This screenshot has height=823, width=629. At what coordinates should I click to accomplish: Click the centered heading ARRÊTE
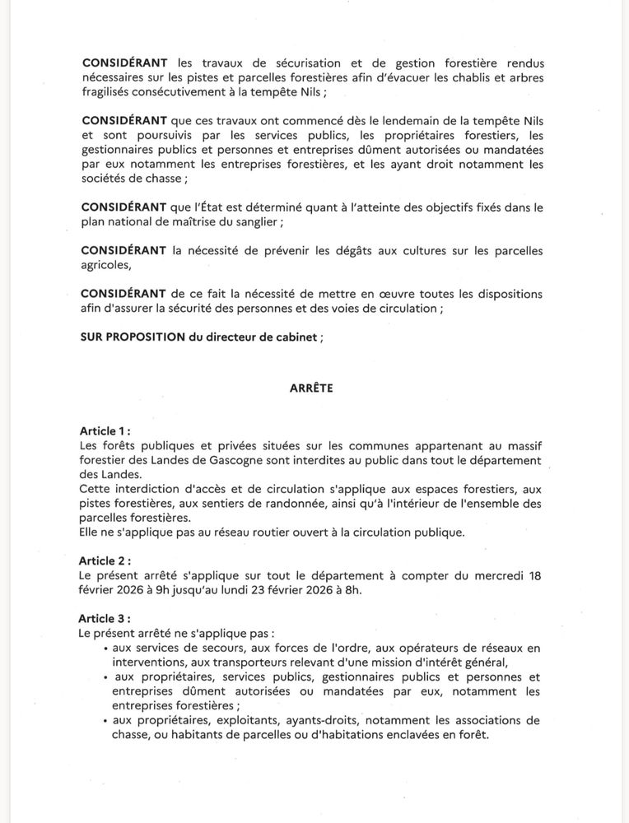(x=311, y=388)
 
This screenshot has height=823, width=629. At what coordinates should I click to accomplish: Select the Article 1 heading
(x=105, y=431)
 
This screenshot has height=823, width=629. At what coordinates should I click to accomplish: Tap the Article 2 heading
(x=105, y=561)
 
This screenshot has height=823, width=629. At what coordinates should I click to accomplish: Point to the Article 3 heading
(x=105, y=617)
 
